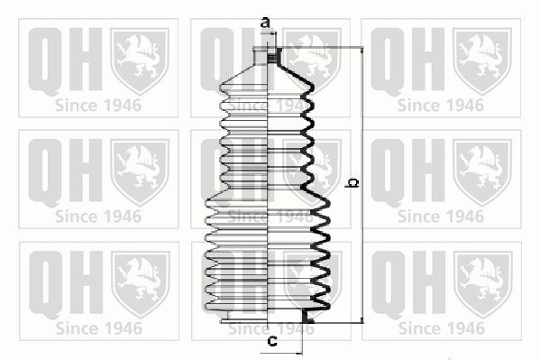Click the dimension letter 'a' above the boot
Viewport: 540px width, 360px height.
(x=264, y=21)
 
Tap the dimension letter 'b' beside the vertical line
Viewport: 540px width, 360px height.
(x=352, y=184)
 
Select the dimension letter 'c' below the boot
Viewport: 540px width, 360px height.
(x=270, y=340)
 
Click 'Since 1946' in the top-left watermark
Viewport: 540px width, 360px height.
(x=96, y=104)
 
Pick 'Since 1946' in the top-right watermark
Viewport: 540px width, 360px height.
(x=440, y=104)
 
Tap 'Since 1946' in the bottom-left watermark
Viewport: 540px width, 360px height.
(x=96, y=328)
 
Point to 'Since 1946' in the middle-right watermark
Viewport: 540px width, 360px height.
(x=440, y=217)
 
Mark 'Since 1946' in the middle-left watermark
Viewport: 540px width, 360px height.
(x=96, y=217)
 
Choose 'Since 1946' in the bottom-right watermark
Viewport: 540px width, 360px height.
(x=440, y=328)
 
